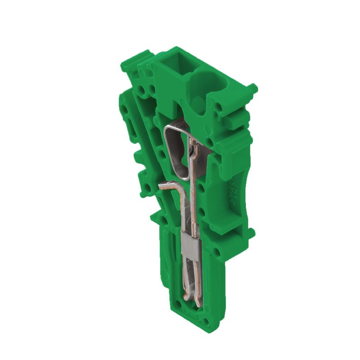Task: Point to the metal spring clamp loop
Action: pyautogui.click(x=176, y=148)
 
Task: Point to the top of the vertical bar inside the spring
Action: pyautogui.click(x=194, y=144)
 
